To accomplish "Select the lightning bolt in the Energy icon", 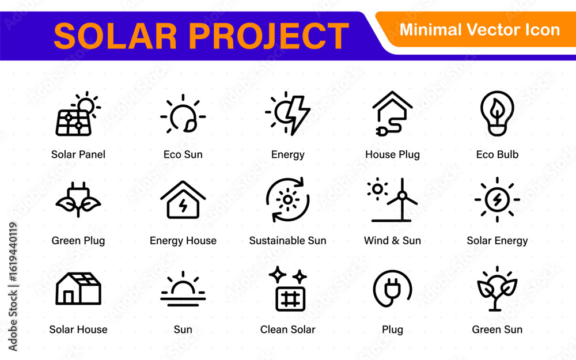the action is [x=297, y=115].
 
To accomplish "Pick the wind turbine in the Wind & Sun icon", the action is [x=402, y=200].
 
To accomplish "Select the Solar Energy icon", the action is [x=497, y=199].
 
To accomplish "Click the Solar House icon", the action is [x=78, y=289].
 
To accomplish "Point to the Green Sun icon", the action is [x=497, y=289].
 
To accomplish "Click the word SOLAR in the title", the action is [x=115, y=36].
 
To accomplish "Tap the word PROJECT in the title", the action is [x=268, y=36].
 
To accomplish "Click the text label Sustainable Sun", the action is [x=287, y=240].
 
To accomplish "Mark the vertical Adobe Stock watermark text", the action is [x=13, y=286].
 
